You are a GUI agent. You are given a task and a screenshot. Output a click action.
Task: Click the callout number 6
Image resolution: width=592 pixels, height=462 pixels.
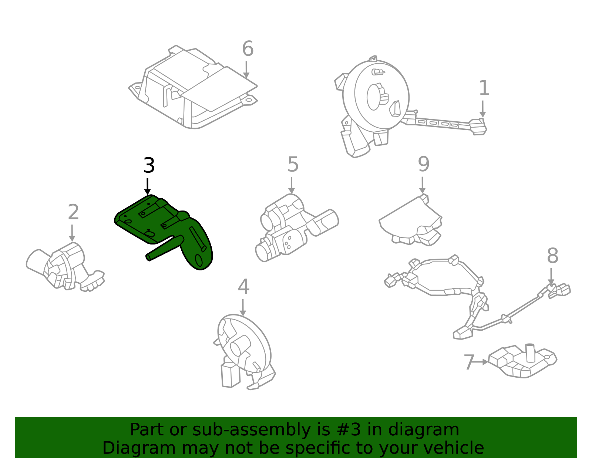[x=248, y=49]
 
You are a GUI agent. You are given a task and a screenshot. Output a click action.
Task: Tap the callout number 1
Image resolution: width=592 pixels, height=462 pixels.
[x=484, y=88]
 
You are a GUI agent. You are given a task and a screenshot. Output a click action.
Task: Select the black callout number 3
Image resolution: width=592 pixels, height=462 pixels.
[x=149, y=165]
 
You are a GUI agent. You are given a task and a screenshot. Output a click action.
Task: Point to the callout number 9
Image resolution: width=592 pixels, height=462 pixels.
[x=423, y=164]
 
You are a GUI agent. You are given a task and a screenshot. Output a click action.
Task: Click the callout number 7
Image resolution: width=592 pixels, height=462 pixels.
[x=469, y=362]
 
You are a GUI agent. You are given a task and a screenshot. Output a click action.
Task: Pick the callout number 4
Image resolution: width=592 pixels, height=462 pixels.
[x=243, y=287]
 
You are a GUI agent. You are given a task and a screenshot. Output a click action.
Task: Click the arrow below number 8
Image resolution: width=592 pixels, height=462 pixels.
[x=551, y=277]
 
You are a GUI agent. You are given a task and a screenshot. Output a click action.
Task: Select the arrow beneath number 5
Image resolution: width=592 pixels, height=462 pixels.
[x=292, y=185]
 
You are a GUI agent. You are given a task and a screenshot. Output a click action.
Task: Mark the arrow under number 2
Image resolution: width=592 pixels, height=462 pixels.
[x=72, y=233]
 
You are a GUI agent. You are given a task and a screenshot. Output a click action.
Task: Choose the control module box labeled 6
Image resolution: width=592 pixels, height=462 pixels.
[x=192, y=89]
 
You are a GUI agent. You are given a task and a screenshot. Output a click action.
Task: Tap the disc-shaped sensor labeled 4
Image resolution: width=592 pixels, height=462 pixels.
[x=244, y=348]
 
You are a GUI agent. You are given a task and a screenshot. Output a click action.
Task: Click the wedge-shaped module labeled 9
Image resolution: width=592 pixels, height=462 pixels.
[x=411, y=220]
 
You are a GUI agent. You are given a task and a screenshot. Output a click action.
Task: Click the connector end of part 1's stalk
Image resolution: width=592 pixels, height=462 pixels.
[x=478, y=127]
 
